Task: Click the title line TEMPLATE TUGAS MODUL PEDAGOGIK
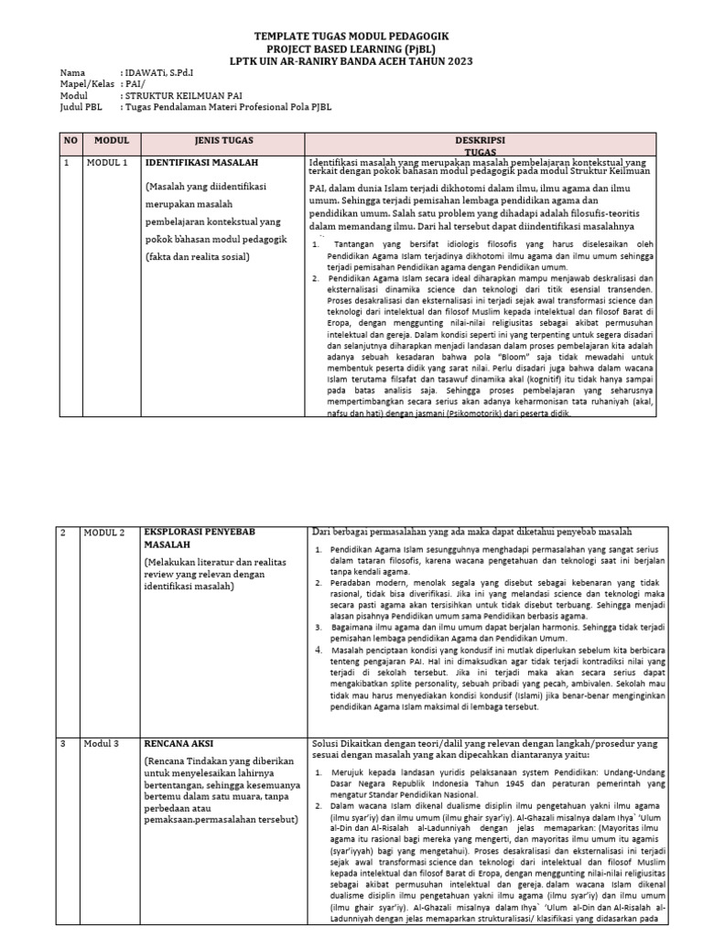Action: (351, 35)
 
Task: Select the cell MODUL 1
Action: (107, 163)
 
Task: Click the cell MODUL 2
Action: (107, 533)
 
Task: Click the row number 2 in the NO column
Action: (65, 533)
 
